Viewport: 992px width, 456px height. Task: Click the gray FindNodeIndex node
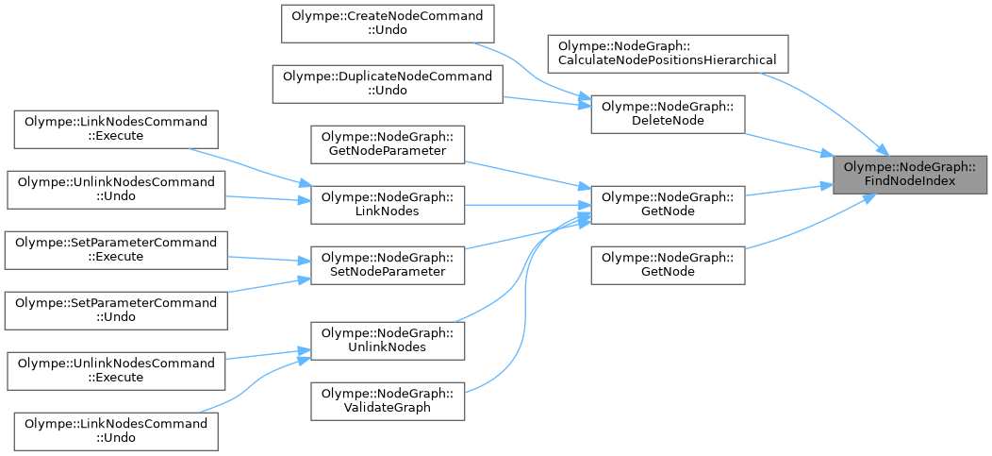pos(910,175)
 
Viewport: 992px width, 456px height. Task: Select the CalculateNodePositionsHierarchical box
pos(668,53)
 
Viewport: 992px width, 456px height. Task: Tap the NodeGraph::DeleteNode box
pos(668,114)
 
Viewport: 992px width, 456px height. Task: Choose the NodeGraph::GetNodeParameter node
pos(389,143)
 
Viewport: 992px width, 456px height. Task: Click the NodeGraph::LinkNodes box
pos(389,204)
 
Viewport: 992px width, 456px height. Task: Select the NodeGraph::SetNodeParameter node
pos(389,264)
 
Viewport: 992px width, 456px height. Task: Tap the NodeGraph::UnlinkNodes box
pos(389,340)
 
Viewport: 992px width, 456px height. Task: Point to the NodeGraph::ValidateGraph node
pos(389,400)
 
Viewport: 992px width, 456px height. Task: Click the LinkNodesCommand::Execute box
pos(116,128)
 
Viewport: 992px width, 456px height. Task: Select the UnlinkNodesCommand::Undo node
pos(116,189)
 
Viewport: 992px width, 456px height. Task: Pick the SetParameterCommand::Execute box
pos(116,249)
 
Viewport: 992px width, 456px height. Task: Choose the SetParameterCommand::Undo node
pos(116,310)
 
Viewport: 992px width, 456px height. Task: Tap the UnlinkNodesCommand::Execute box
pos(116,370)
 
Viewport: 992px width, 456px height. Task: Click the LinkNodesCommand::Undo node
pos(116,431)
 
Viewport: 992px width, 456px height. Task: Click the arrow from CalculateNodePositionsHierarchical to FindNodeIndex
pos(820,104)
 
